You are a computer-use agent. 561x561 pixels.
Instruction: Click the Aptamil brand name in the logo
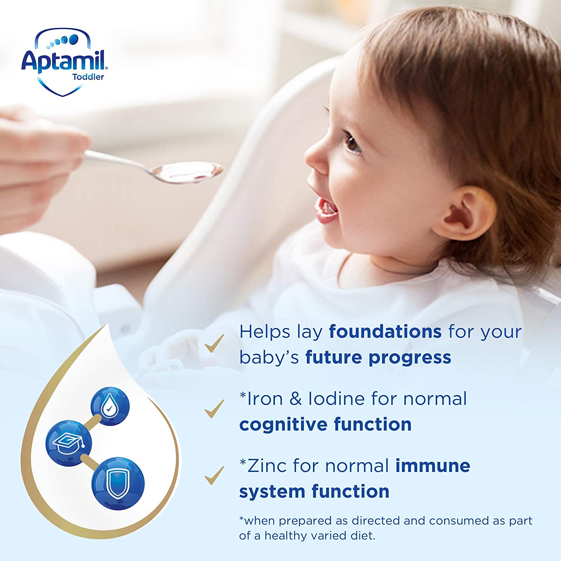(x=64, y=61)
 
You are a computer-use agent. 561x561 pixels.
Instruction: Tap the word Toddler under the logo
(x=88, y=77)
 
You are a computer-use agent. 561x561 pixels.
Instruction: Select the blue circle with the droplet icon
(x=110, y=406)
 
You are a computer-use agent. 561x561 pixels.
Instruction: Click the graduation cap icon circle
(x=69, y=442)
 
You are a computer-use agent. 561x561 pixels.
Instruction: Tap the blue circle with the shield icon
(x=118, y=483)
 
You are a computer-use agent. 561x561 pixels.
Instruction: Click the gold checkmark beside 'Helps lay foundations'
(x=214, y=343)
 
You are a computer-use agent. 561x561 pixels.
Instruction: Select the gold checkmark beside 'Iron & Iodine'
(x=214, y=408)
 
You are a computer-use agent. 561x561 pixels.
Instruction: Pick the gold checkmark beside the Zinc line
(x=214, y=475)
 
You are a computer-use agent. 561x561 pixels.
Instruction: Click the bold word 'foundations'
(x=385, y=332)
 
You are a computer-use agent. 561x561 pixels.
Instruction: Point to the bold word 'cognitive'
(x=283, y=424)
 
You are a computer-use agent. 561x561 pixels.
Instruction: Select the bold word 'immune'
(x=433, y=466)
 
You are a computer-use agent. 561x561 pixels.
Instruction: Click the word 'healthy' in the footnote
(x=288, y=536)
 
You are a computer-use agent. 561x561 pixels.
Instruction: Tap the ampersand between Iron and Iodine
(x=295, y=399)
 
